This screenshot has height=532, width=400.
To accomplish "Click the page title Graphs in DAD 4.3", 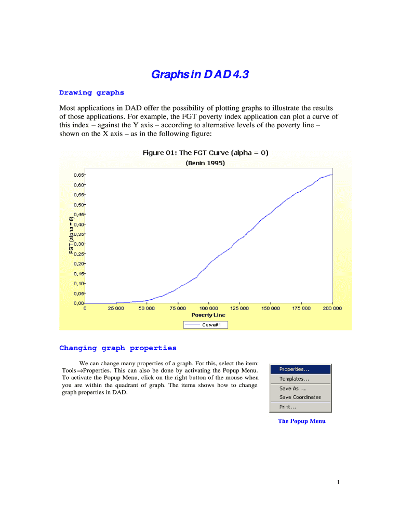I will (x=200, y=75).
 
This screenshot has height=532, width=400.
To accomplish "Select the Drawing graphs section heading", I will (x=91, y=93).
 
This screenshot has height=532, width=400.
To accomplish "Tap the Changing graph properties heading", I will (x=118, y=348).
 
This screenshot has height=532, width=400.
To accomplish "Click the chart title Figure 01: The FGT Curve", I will (x=206, y=153).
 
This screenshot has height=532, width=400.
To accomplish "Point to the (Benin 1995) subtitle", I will (x=206, y=163).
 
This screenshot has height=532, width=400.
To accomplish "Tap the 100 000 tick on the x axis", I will (x=208, y=308).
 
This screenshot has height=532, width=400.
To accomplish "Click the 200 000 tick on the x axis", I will (x=332, y=308).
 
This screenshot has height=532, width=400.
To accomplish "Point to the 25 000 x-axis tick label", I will (x=116, y=308).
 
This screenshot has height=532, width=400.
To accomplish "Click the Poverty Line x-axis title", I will (x=208, y=315).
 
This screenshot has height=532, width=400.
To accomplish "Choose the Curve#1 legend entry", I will (x=206, y=325).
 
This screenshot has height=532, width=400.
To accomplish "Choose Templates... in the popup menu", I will (x=294, y=379).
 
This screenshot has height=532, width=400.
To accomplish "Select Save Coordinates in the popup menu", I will (x=300, y=397).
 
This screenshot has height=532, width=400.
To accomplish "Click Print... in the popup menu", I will (x=288, y=407).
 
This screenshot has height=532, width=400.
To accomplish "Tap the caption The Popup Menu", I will (x=301, y=421).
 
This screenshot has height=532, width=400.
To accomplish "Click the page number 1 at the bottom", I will (x=338, y=483).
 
